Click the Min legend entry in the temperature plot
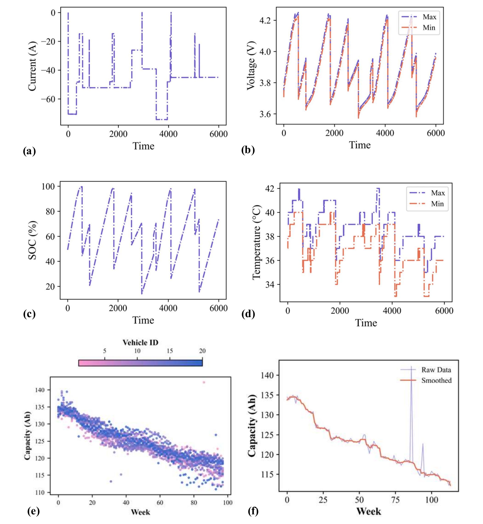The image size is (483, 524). (x=437, y=204)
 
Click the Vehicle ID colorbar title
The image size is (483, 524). (x=140, y=342)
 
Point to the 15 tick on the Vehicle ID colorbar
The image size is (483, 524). (x=170, y=351)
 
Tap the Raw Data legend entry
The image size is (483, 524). (x=436, y=370)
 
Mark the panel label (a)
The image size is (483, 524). (x=29, y=151)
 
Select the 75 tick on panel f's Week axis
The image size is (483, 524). (x=395, y=500)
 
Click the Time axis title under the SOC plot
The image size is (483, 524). (x=143, y=320)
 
